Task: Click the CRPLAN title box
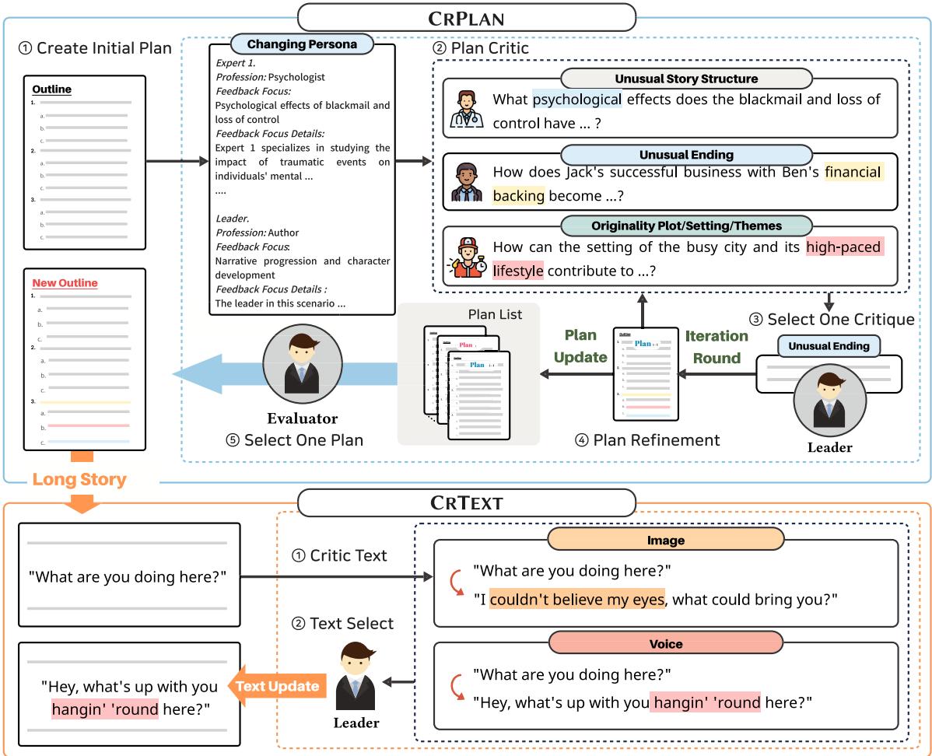pos(466,17)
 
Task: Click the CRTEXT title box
pos(466,502)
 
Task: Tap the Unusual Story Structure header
pos(686,79)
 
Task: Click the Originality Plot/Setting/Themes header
pos(686,226)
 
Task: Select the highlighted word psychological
pos(577,100)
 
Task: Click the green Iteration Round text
pos(717,346)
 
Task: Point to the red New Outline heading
pos(65,283)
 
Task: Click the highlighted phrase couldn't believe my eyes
pos(577,599)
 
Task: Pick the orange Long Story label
pos(79,480)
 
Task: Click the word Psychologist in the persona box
pos(297,77)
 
